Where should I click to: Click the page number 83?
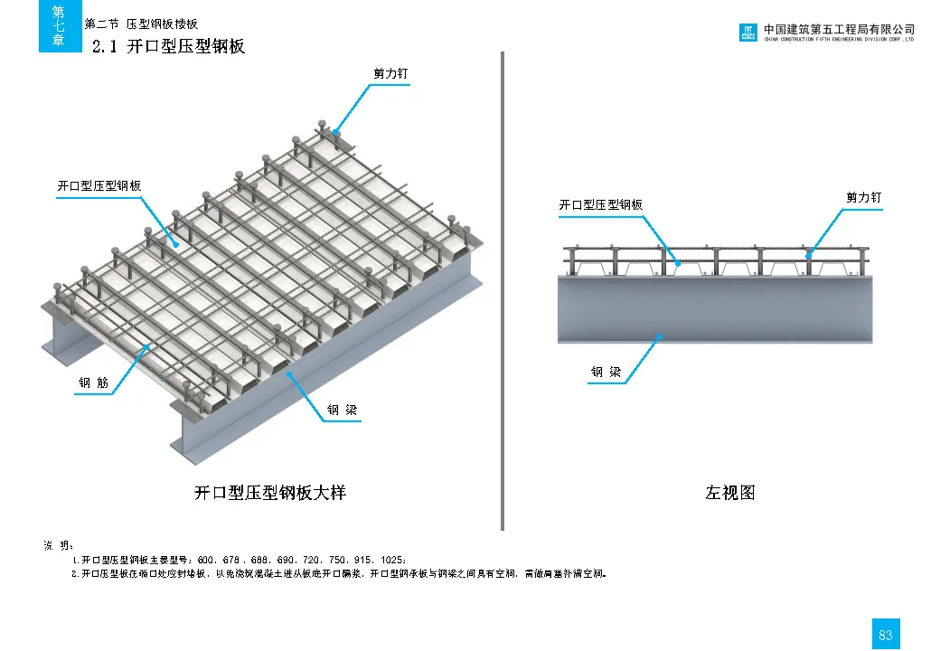885,635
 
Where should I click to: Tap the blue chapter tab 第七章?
59,26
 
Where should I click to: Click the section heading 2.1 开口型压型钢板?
169,46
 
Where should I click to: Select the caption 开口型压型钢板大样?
270,493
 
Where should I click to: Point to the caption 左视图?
729,493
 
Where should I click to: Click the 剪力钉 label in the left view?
863,197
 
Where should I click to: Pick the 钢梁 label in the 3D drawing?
342,410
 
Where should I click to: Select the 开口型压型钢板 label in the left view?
600,205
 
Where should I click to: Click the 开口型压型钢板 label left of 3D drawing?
99,186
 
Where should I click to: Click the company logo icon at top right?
748,33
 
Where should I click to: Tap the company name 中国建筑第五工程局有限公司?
839,29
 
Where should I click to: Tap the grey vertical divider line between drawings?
502,289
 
